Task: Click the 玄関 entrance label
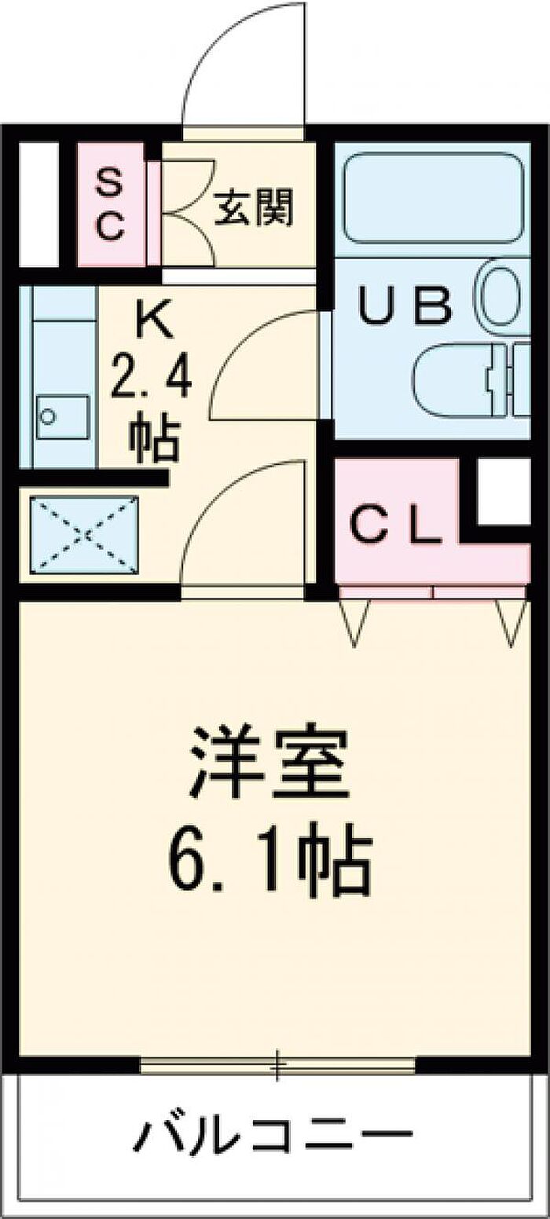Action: [x=255, y=208]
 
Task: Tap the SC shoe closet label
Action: [x=110, y=207]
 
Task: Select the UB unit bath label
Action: [x=405, y=306]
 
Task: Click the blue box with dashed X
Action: [x=84, y=534]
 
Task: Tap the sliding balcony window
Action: [x=277, y=1066]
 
